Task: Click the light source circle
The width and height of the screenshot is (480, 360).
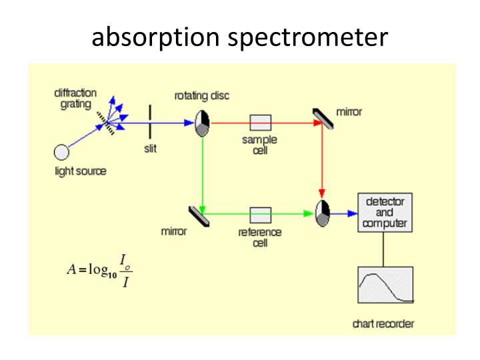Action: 61,152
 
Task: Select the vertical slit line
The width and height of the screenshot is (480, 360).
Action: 150,123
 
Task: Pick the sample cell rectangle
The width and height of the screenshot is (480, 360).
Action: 261,123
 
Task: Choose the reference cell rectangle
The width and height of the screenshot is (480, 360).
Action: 261,214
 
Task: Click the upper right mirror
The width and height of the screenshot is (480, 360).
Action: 324,117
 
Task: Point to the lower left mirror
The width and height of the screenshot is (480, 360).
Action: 197,214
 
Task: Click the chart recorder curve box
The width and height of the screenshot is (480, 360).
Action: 385,286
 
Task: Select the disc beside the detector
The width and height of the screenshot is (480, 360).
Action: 323,213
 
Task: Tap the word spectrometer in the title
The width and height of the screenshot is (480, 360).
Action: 307,37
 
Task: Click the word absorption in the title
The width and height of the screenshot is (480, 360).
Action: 156,37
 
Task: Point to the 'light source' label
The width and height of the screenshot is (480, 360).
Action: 80,171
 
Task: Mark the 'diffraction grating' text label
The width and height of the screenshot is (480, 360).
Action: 75,99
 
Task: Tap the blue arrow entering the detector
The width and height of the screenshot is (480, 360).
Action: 343,214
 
